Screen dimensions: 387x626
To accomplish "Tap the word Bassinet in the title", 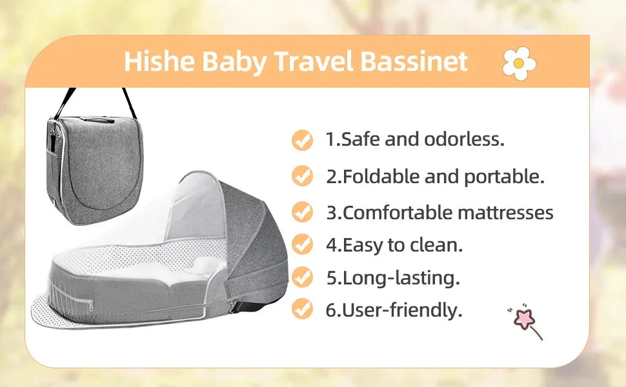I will (413, 61).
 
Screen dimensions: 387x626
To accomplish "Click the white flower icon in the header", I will (519, 63).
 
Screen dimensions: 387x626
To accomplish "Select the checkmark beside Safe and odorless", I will (302, 139).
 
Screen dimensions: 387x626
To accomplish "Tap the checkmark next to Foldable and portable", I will (302, 175).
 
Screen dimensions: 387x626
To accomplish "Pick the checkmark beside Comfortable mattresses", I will (302, 212).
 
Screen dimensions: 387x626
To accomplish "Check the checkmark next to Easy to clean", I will (302, 244).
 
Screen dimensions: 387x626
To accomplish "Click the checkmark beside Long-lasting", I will (302, 277).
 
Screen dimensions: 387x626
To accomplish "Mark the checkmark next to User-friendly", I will (302, 309).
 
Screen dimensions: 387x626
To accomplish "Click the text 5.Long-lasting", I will (392, 278).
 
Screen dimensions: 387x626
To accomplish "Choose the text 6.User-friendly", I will (394, 310).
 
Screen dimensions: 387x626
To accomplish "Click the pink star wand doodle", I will (524, 319).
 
